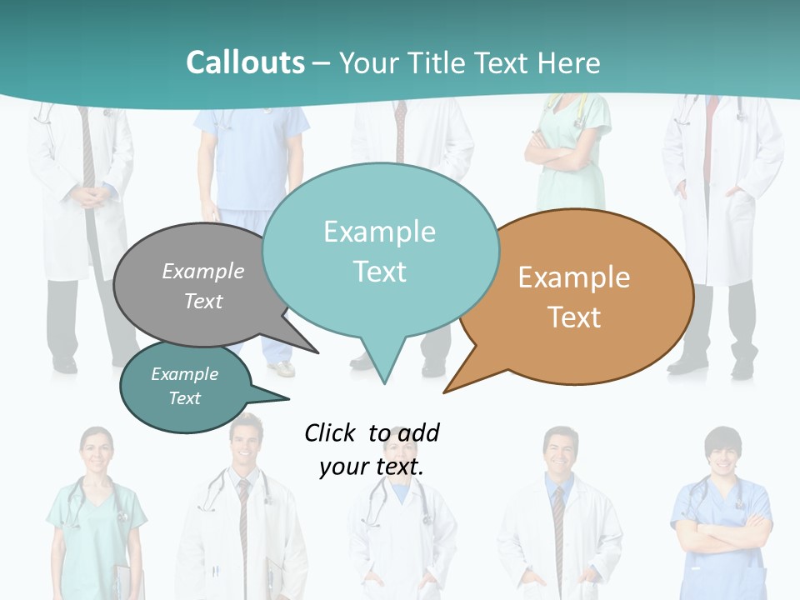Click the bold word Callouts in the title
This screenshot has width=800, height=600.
coord(245,62)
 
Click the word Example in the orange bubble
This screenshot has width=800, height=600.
coord(574,277)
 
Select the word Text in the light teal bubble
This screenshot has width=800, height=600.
coord(380,272)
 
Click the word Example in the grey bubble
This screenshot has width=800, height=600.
coord(203,272)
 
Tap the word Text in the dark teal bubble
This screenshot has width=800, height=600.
coord(185,398)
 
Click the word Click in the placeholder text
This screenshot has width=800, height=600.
coord(331,432)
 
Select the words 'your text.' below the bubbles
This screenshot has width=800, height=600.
coord(371,467)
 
